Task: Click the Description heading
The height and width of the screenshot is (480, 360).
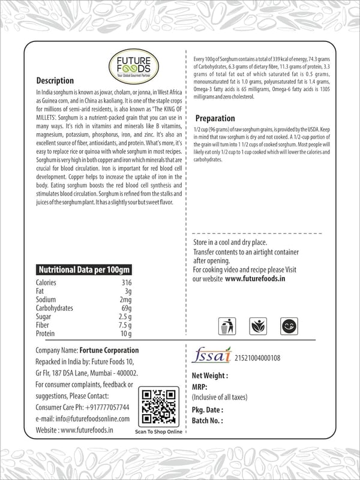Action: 55,81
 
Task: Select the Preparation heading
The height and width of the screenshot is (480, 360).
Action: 215,118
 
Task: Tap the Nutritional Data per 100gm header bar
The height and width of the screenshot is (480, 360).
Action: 84,269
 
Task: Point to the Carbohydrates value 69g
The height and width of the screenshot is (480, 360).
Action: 125,308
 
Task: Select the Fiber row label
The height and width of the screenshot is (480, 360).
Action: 43,325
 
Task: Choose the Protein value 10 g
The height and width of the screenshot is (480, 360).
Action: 125,334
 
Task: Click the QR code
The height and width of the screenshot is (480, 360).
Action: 158,406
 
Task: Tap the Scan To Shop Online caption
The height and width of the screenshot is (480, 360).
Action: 158,431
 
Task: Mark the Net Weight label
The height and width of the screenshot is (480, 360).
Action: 210,376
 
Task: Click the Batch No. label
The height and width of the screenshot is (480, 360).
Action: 208,421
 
